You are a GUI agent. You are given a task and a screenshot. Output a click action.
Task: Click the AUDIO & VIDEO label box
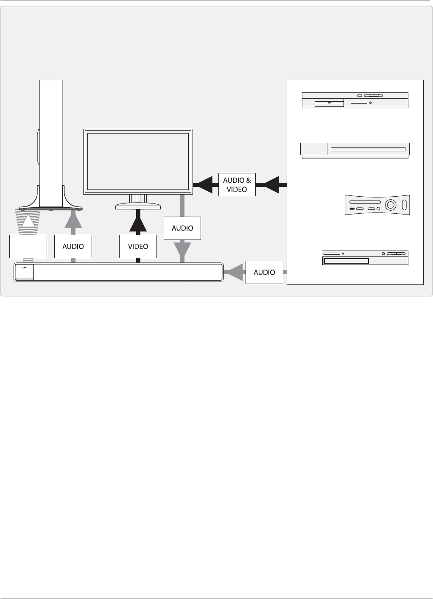tap(237, 184)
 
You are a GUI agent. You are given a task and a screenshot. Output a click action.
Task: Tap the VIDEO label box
tap(138, 246)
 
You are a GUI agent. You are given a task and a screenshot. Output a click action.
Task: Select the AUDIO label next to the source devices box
tap(264, 273)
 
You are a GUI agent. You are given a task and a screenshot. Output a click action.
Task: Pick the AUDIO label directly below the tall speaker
tap(73, 246)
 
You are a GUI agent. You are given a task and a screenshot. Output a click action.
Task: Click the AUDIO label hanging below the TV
tap(182, 228)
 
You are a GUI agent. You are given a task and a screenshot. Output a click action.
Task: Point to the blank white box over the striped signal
tap(28, 246)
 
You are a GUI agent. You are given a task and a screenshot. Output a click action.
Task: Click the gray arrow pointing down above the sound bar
tap(182, 251)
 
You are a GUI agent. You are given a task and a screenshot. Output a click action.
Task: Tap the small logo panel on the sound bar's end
tap(24, 272)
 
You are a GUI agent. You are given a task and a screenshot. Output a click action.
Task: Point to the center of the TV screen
tap(138, 162)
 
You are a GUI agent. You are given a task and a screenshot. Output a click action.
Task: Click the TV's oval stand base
tap(138, 206)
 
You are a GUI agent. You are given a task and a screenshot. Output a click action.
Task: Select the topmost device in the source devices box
tap(355, 100)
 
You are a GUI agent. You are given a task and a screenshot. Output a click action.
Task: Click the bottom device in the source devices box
tap(365, 258)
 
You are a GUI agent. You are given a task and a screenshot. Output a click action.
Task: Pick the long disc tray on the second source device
tap(368, 149)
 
